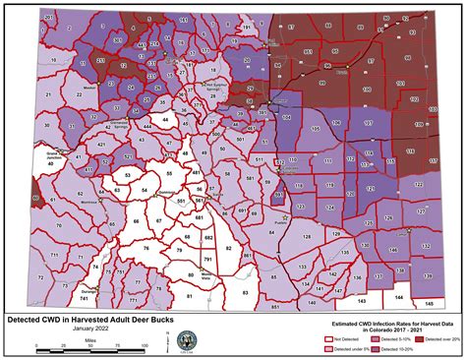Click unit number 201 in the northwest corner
(50, 18)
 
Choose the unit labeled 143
(362, 298)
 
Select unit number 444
(146, 130)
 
